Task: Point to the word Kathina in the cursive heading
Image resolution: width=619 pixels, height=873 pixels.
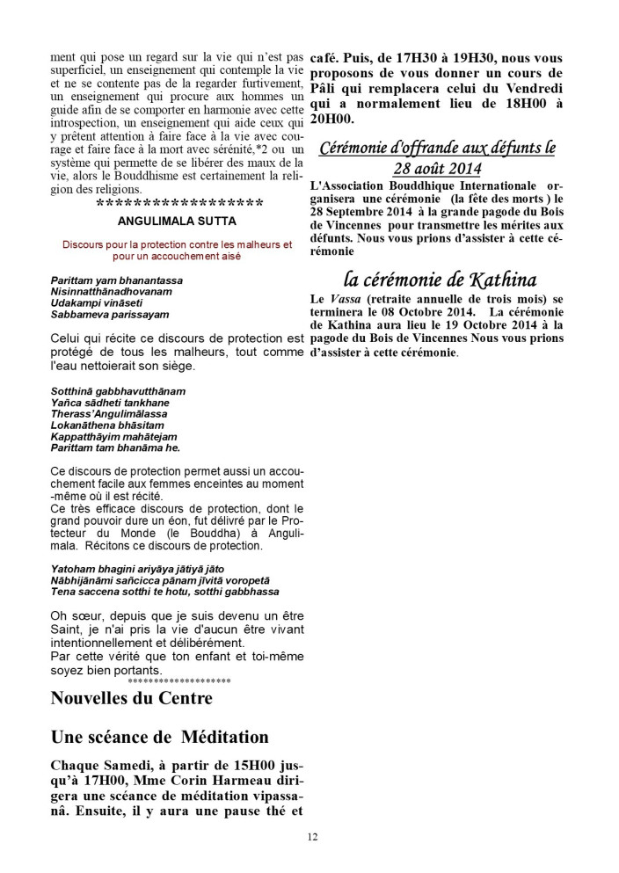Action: (x=505, y=280)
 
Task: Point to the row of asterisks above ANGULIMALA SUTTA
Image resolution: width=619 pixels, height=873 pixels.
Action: (x=178, y=204)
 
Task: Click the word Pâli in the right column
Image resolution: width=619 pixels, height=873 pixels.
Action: (x=327, y=91)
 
